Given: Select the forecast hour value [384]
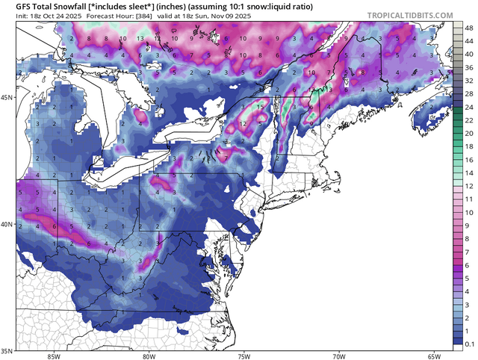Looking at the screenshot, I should (x=149, y=15).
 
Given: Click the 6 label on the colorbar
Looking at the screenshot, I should (x=468, y=265).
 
